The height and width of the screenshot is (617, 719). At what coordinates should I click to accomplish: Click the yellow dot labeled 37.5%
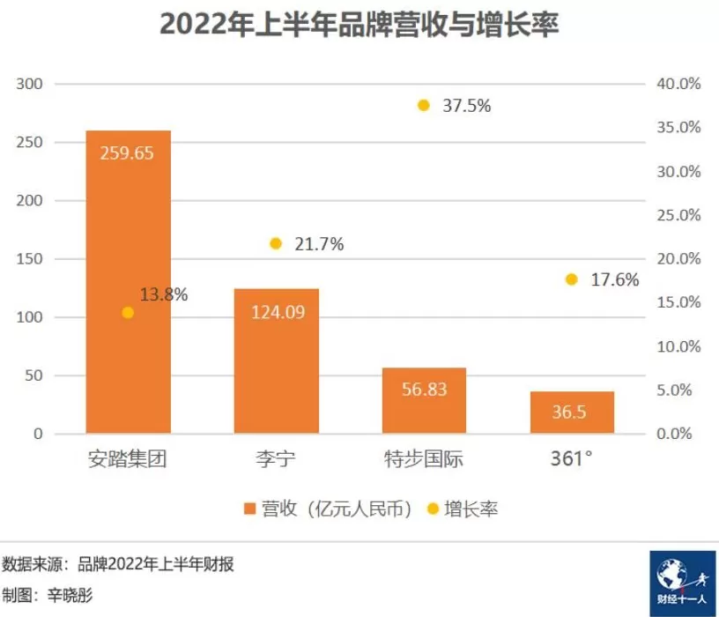(424, 106)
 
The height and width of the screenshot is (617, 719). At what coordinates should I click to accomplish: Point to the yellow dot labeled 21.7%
(276, 243)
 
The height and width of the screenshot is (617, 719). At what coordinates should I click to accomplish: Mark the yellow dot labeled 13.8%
(128, 313)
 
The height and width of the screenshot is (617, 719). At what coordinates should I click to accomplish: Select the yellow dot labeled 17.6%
(572, 279)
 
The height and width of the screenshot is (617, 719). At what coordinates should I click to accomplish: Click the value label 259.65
(128, 152)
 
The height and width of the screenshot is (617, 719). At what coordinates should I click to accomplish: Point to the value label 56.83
(424, 389)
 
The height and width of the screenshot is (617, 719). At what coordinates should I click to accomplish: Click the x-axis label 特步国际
(424, 459)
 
